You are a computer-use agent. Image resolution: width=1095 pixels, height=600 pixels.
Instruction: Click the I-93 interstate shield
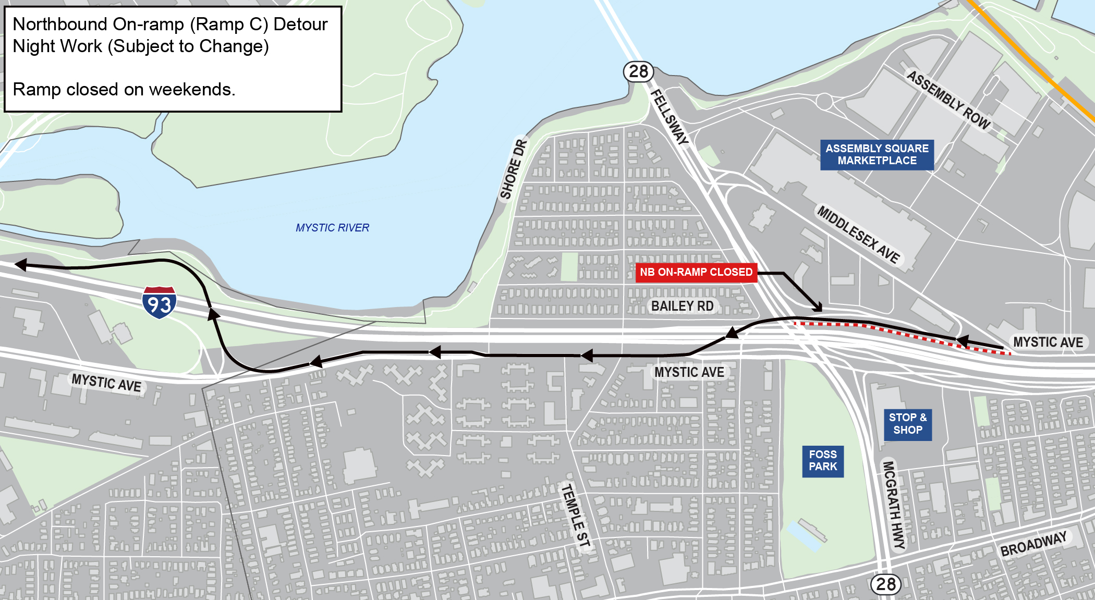pos(159,302)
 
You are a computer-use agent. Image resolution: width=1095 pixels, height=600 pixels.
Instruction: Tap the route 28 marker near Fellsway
pos(638,71)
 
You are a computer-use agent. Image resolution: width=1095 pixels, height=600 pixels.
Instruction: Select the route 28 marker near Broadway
pos(886,584)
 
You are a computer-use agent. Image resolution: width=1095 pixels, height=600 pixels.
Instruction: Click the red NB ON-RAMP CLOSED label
pos(696,272)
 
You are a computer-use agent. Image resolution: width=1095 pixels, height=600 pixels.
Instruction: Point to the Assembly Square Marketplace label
pos(877,155)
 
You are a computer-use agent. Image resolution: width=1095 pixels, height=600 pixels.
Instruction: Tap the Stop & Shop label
pos(907,424)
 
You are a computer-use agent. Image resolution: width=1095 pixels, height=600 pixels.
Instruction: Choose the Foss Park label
pos(822,461)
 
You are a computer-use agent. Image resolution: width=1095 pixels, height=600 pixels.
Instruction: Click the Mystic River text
pos(332,228)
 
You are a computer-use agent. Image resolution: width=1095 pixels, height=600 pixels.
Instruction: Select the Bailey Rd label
pos(682,306)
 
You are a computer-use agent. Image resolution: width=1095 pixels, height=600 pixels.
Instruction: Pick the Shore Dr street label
pos(514,169)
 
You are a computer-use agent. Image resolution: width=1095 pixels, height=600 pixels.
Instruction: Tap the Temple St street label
pos(575,516)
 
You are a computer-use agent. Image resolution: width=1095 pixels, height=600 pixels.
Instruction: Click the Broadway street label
pos(1033,544)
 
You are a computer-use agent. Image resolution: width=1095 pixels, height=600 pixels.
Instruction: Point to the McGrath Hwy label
pos(893,504)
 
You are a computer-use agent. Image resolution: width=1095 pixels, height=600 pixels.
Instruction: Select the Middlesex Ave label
pos(858,235)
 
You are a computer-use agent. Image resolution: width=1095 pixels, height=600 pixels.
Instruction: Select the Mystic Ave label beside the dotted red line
pos(1048,342)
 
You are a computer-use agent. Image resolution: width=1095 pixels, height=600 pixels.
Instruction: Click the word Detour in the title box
pos(300,25)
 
